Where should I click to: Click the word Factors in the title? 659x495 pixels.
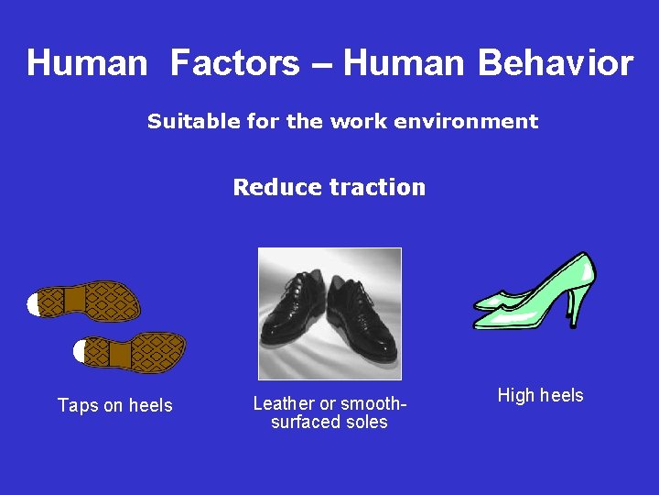click(234, 63)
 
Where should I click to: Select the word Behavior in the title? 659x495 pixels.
click(555, 63)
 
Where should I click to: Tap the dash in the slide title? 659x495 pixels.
click(321, 64)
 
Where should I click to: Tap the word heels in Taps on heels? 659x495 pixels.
click(150, 405)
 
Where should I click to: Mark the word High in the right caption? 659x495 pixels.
click(515, 395)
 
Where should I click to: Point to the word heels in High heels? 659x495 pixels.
click(561, 395)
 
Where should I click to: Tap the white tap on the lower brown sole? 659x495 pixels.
click(80, 350)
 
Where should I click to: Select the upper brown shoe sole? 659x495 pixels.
click(92, 301)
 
